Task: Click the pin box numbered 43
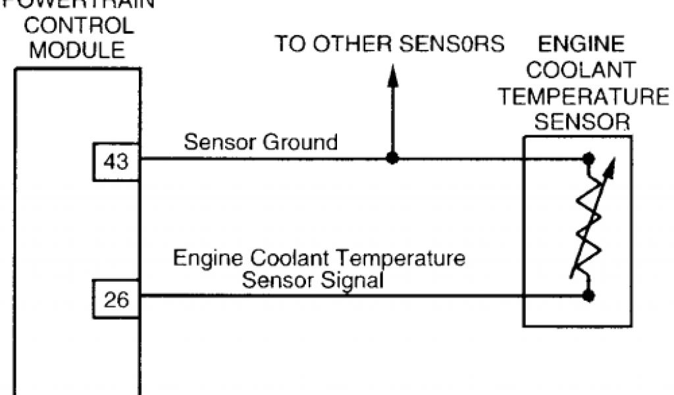click(116, 161)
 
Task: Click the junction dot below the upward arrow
click(392, 159)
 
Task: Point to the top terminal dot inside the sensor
click(588, 159)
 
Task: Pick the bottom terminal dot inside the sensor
click(588, 296)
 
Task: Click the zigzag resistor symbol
click(587, 227)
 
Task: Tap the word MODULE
click(77, 49)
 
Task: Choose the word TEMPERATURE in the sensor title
click(583, 96)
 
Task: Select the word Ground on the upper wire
click(301, 142)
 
